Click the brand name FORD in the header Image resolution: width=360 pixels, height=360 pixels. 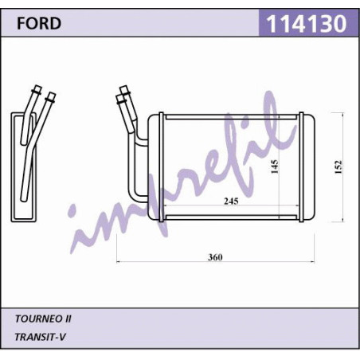coord(39,23)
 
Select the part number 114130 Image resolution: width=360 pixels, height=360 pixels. coord(307,24)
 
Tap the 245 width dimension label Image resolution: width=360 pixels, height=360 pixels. coord(231,201)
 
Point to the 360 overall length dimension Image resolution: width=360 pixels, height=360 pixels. coord(215,257)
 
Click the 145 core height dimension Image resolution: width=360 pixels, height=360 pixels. coord(275,166)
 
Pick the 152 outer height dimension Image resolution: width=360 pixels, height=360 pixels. coord(338,167)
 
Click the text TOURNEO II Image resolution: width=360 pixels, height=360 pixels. coord(43,319)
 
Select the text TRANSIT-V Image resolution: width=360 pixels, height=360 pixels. coord(40,337)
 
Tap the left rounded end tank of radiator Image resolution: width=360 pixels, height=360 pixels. coord(155,167)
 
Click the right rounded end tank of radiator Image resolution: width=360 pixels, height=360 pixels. coord(308,167)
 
